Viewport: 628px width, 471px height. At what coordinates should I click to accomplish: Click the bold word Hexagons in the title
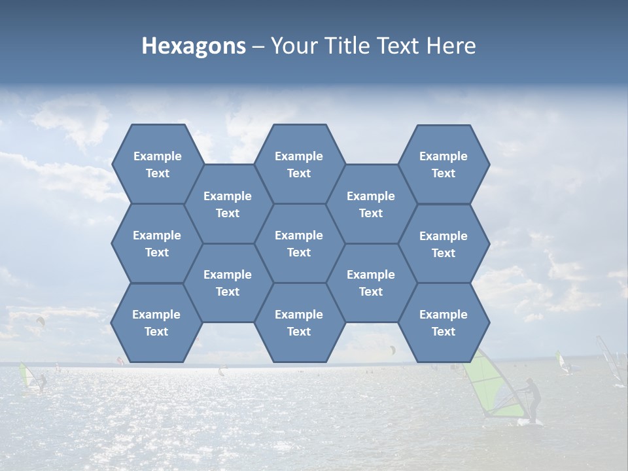(x=194, y=46)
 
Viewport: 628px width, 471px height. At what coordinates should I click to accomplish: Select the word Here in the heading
(x=451, y=46)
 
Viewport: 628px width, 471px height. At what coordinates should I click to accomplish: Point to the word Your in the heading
(x=294, y=46)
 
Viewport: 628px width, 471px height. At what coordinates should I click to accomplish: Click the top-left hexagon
(x=157, y=164)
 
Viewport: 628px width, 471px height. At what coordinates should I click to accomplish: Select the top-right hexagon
(x=444, y=165)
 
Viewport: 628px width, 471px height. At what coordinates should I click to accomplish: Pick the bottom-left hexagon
(x=156, y=323)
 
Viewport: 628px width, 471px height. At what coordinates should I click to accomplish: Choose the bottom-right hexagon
(x=444, y=323)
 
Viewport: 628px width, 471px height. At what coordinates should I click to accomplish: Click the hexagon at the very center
(x=299, y=243)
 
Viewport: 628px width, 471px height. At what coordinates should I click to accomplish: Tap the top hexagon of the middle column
(x=299, y=164)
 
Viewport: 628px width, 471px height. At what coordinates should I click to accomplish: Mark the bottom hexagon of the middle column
(x=299, y=323)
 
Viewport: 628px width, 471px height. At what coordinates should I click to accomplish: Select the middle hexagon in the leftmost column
(x=157, y=243)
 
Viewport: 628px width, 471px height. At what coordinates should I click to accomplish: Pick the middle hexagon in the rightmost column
(x=444, y=244)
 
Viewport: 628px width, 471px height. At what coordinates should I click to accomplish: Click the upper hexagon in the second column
(x=228, y=204)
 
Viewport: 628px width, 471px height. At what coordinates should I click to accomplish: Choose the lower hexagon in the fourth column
(x=371, y=283)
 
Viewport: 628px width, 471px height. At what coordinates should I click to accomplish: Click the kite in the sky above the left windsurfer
(x=41, y=321)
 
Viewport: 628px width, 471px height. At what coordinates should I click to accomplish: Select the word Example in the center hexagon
(x=299, y=235)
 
